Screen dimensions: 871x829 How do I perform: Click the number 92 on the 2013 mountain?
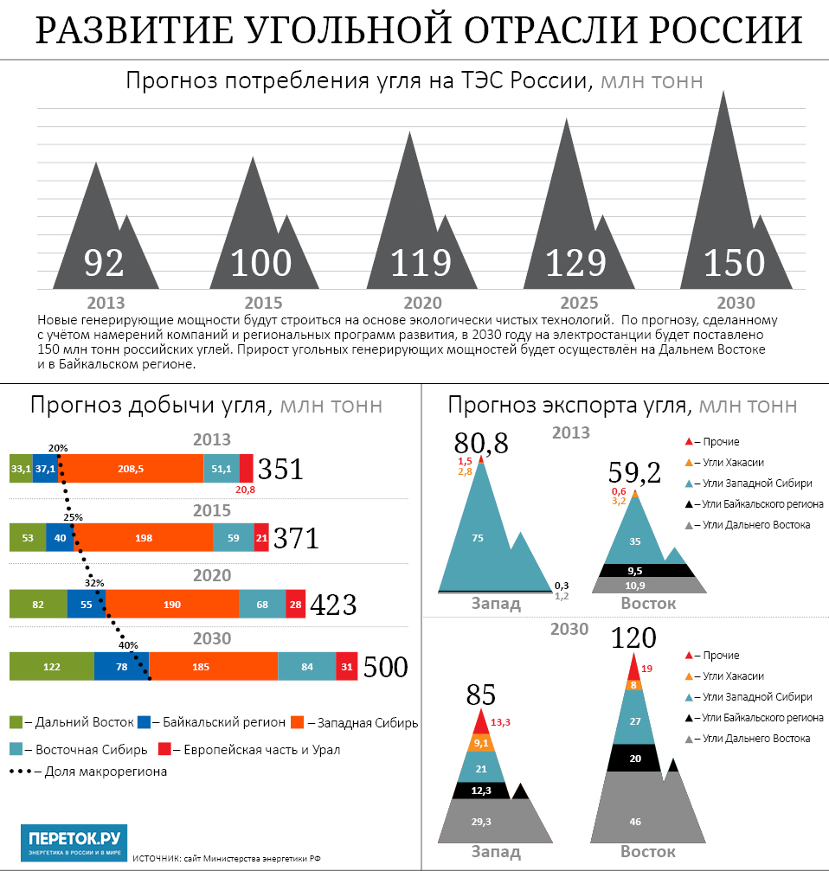pos(105,263)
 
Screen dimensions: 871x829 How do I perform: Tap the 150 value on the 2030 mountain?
pos(734,263)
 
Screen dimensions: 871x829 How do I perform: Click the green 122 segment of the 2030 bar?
pos(51,667)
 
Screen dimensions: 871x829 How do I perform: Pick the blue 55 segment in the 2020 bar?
pos(86,604)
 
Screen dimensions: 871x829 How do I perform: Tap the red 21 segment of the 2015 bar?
pos(261,537)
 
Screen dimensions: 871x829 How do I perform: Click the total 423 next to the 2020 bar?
pos(333,605)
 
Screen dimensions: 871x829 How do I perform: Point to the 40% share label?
pos(128,644)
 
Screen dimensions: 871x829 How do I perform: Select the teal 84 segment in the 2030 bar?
pos(306,667)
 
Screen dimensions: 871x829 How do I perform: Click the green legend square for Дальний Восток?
pos(16,721)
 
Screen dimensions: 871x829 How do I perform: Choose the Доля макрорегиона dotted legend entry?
pos(87,771)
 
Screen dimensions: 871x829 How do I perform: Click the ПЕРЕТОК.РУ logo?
pos(74,842)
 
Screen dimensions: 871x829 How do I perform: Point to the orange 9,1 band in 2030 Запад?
pos(481,742)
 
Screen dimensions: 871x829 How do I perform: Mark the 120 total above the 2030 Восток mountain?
pos(633,638)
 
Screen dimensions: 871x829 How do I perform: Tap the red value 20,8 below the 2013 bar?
pos(246,490)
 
